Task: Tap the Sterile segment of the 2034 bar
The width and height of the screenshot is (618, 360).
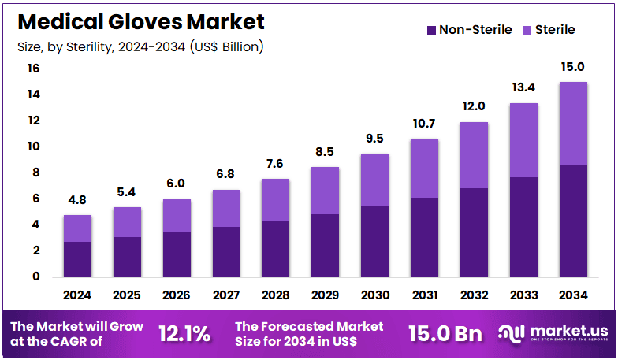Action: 572,123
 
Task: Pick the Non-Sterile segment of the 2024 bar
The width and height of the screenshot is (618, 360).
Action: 77,258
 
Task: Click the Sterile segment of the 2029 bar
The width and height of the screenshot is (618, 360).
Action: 325,191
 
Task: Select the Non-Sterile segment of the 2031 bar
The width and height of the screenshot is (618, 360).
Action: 424,236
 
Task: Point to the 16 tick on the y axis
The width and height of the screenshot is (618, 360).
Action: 33,69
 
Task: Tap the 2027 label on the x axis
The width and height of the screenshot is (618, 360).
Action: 225,295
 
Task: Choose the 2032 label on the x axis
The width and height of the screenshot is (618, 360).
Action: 474,295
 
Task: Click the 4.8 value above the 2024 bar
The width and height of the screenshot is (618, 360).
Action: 77,202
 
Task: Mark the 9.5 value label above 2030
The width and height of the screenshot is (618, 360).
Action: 374,139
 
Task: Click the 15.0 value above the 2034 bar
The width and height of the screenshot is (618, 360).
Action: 573,67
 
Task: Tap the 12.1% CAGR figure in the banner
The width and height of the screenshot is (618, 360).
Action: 184,333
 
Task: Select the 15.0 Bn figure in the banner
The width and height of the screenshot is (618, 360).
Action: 445,333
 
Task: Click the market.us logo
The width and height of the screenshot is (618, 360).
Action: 553,333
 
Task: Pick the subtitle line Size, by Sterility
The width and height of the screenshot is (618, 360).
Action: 140,46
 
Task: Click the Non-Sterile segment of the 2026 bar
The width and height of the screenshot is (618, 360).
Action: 176,254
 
